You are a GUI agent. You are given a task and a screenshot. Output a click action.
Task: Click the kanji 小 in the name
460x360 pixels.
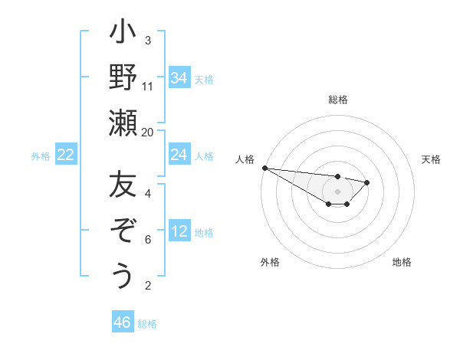tap(123, 34)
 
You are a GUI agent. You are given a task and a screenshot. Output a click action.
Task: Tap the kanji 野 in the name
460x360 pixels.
tap(123, 78)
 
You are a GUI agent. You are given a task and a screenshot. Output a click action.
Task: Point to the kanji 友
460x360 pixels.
tap(123, 186)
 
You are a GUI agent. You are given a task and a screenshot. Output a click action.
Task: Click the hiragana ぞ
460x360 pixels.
tap(123, 231)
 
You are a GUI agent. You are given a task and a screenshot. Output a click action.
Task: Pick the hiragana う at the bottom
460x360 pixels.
tap(123, 275)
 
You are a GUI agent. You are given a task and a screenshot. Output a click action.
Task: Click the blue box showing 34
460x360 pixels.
tap(179, 78)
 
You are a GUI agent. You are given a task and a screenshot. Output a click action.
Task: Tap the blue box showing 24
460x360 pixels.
tap(179, 155)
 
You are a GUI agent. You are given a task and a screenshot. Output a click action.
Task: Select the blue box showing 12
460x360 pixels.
tap(179, 231)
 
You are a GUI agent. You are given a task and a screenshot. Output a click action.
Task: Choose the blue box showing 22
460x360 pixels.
tap(66, 155)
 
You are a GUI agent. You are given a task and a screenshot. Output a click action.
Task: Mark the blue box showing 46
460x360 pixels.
tap(122, 322)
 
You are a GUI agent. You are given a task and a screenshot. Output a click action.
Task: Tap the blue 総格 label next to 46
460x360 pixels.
tap(147, 324)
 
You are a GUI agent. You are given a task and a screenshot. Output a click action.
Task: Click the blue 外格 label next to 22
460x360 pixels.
tap(41, 156)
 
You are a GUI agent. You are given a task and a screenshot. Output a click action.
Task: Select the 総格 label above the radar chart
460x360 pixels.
tap(337, 100)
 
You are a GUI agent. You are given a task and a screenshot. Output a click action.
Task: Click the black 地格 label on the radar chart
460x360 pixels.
tap(402, 262)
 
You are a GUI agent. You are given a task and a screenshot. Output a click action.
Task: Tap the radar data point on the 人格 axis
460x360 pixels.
tap(264, 168)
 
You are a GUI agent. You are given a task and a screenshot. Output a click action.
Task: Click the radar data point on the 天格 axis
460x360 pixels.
tap(367, 182)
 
